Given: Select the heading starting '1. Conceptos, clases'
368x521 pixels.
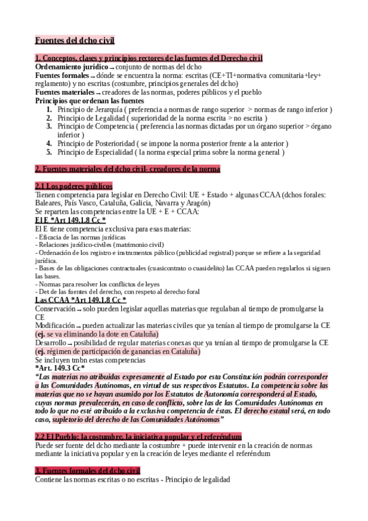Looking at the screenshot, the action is click(x=149, y=58).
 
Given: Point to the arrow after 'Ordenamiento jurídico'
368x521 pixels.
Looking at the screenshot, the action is click(x=112, y=67).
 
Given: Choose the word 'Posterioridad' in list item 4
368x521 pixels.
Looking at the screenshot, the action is click(x=122, y=143).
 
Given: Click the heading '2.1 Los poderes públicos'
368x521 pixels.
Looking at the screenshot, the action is click(x=74, y=186).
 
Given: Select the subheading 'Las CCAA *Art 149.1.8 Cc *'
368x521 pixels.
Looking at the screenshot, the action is click(x=80, y=300).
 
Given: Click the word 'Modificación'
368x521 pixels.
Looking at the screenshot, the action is click(x=55, y=326).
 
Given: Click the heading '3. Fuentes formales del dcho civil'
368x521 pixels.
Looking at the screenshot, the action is click(x=88, y=470).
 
